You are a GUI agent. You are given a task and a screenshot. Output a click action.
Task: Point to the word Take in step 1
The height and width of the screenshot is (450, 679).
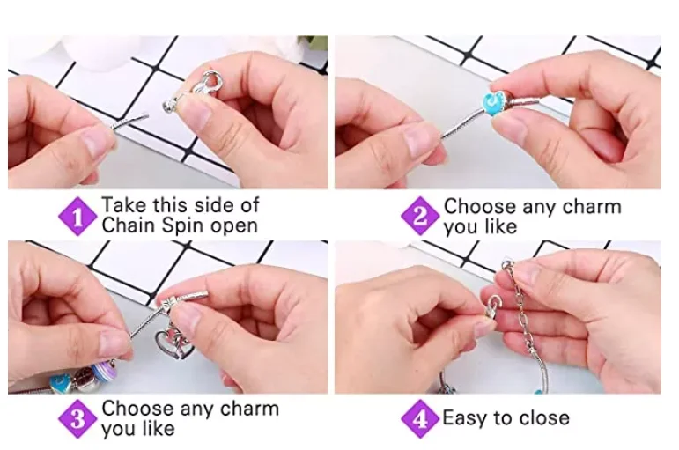point(123,205)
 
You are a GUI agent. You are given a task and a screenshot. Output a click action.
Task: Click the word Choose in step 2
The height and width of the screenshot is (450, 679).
point(480,207)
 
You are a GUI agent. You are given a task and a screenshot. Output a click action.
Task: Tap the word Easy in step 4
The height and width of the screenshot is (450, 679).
point(467,417)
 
